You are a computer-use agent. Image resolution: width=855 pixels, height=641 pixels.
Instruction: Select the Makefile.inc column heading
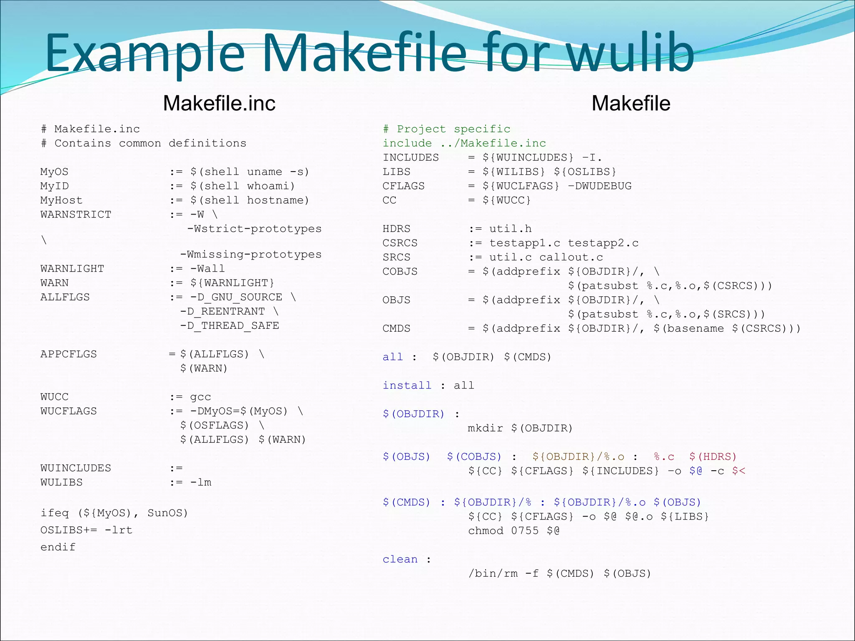tap(219, 103)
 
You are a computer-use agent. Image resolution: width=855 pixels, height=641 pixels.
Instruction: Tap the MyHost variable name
tap(61, 200)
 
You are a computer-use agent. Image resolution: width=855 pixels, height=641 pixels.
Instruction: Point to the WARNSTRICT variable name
tap(76, 215)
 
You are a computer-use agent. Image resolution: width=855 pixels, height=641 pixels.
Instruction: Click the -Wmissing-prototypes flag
tap(250, 255)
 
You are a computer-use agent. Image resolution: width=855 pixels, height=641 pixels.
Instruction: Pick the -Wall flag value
tap(207, 269)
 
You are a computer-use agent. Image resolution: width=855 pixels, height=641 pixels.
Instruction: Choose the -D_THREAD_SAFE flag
tap(229, 326)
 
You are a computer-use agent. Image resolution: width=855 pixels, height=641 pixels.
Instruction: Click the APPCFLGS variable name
tap(68, 354)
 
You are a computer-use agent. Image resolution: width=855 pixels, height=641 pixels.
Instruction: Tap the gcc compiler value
tap(200, 397)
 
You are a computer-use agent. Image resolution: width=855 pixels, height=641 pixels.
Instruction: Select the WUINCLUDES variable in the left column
tap(76, 468)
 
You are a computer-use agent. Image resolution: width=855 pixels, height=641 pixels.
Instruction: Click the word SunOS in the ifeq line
tap(167, 513)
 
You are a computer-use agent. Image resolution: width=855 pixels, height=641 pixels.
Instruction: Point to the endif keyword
tap(58, 547)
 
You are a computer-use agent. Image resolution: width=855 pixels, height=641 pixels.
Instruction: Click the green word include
tap(407, 143)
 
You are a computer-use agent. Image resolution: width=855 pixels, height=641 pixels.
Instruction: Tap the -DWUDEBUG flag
tap(600, 186)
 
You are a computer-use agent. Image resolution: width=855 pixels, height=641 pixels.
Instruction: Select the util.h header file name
tap(510, 229)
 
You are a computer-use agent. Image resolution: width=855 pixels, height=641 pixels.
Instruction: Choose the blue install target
tap(407, 385)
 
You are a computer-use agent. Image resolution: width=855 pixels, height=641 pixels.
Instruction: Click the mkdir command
tap(485, 428)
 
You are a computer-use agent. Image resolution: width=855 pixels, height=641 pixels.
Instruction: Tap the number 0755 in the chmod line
tap(524, 531)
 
